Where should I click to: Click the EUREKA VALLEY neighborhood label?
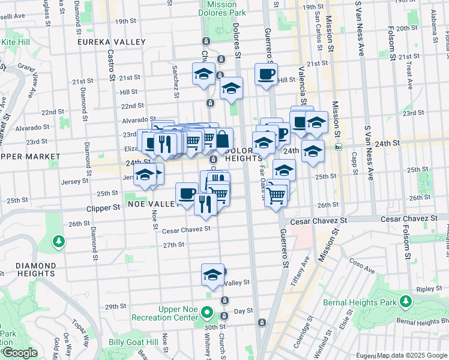[112, 42]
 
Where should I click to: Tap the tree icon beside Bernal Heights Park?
[408, 300]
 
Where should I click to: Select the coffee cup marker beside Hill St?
[266, 74]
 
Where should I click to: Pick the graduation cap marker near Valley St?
[212, 274]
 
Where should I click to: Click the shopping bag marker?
[222, 139]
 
